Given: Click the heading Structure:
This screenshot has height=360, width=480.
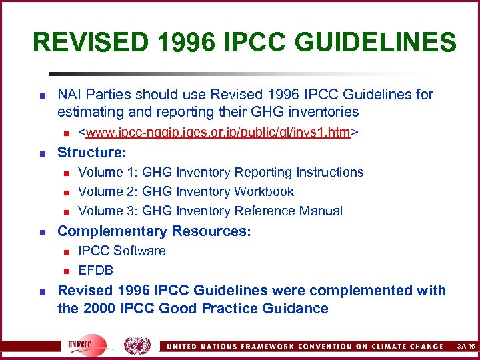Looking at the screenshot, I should (x=91, y=153).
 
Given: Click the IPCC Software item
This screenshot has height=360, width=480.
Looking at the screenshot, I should (x=122, y=251).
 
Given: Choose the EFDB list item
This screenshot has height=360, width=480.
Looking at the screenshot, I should (x=96, y=270).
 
